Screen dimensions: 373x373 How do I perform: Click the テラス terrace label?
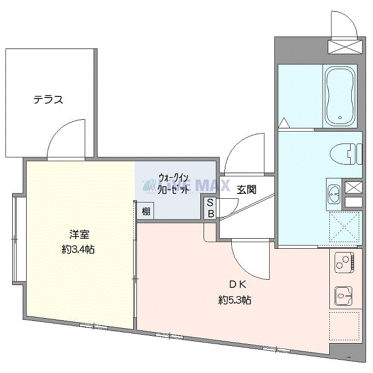(48, 99)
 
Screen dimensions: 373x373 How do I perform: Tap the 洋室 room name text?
(78, 233)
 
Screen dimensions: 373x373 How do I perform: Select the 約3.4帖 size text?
(78, 249)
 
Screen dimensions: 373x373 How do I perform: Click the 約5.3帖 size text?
(235, 300)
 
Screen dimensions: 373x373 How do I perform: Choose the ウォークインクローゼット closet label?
(174, 183)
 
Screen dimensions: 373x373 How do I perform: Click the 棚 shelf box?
(146, 211)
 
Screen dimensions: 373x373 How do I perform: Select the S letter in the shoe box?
(210, 202)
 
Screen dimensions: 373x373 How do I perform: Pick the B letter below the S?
(210, 213)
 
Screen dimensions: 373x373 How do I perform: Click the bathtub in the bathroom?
(340, 96)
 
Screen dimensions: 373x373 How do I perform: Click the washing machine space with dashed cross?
(345, 229)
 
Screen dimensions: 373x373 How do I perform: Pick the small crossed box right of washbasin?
(353, 188)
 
